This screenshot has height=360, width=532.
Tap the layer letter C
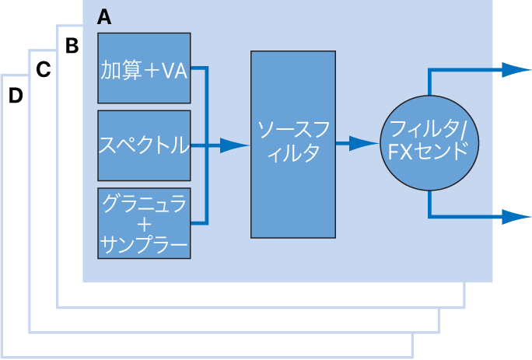tap(44, 70)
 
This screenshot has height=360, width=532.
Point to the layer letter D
tap(16, 96)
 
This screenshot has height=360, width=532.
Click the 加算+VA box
tap(144, 68)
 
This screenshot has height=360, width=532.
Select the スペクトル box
tap(144, 145)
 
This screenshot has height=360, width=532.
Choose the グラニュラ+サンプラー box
tap(144, 223)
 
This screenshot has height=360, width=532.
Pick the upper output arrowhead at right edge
tap(516, 69)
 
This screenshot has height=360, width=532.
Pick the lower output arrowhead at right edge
tap(516, 217)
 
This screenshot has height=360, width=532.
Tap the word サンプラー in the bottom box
tap(144, 245)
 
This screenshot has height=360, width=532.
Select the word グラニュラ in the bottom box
tap(144, 204)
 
